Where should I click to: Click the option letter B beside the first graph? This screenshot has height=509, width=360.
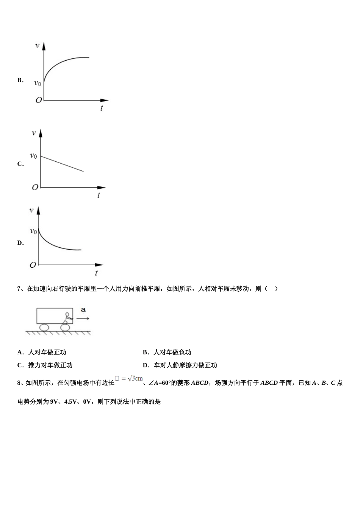[x=20, y=80]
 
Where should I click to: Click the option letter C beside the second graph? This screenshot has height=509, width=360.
[x=20, y=164]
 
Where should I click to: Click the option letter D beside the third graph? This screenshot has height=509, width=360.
[x=20, y=243]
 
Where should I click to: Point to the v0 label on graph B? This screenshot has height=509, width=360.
[x=38, y=83]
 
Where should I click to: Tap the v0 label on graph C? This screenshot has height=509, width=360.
[x=34, y=156]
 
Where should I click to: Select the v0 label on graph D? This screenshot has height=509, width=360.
[x=33, y=231]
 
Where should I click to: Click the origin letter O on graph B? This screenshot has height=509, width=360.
[x=38, y=100]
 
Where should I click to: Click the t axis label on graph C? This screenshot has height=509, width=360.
[x=99, y=195]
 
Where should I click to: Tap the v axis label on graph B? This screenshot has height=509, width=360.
[x=37, y=45]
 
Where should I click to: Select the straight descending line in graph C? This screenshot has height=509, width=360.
[x=63, y=164]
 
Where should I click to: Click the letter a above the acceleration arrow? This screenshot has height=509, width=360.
[x=83, y=310]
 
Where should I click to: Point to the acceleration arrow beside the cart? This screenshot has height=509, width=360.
[x=83, y=319]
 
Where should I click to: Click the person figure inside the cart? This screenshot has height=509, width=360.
[x=67, y=318]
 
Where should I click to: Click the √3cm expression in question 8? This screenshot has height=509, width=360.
[x=135, y=378]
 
